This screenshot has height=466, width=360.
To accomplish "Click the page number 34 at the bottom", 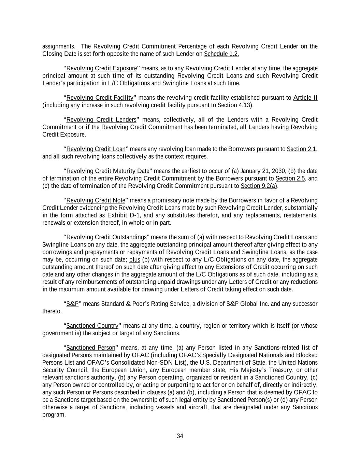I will pyautogui.click(x=180, y=436).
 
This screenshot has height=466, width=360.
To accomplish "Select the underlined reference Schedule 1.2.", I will pyautogui.click(x=221, y=54).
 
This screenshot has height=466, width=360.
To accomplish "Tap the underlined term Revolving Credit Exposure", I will pyautogui.click(x=101, y=68).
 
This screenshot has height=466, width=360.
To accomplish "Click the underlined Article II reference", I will pyautogui.click(x=305, y=98).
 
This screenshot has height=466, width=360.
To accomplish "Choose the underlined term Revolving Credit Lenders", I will pyautogui.click(x=101, y=120).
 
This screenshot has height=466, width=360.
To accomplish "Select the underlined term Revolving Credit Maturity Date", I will pyautogui.click(x=108, y=171).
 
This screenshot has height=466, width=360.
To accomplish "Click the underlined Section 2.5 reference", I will pyautogui.click(x=290, y=179).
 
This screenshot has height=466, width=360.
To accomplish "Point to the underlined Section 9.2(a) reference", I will pyautogui.click(x=259, y=186).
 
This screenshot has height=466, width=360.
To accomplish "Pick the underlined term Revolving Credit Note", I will pyautogui.click(x=96, y=200).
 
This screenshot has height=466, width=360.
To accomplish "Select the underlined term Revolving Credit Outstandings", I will pyautogui.click(x=106, y=237).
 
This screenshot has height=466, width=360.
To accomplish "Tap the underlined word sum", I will pyautogui.click(x=183, y=237).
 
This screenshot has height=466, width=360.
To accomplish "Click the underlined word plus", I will pyautogui.click(x=135, y=259).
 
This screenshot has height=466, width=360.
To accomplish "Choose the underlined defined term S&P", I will pyautogui.click(x=72, y=304).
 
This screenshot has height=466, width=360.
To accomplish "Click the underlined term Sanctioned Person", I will pyautogui.click(x=91, y=348).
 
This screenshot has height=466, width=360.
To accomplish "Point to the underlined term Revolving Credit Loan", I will pyautogui.click(x=96, y=149).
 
